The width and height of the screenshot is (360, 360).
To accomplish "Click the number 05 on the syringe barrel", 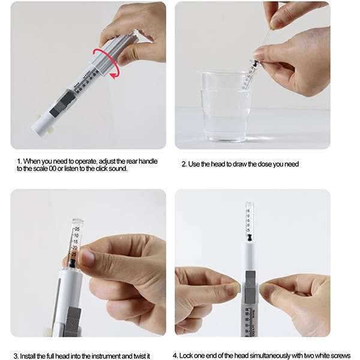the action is coord(76,229).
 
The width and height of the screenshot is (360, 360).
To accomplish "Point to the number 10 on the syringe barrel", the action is coord(76,236).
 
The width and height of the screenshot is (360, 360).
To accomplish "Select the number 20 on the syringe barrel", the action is coord(74,248).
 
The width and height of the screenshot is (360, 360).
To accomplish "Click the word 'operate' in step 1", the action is coord(86,161).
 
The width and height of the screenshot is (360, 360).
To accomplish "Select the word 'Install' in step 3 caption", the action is coord(28,356).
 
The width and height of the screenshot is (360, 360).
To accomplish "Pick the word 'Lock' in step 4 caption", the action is coord(186,356).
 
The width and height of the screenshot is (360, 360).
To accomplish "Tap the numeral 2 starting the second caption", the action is coord(184,164).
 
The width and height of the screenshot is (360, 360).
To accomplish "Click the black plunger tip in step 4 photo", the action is coord(250,238).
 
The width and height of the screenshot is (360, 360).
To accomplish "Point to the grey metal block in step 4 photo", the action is coord(250,287).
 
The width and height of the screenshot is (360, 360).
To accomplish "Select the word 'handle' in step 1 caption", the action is coord(148,161).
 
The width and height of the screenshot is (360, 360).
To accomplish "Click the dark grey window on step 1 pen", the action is coord(62,103).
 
